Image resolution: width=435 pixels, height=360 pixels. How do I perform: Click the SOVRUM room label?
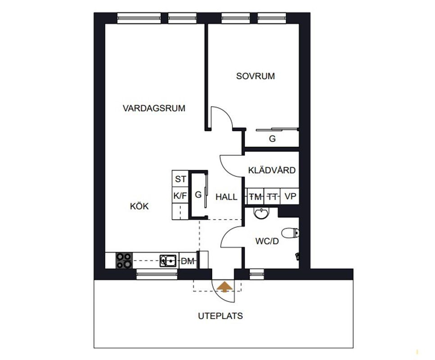pos(255,76)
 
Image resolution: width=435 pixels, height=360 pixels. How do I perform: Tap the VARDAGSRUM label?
pos(154,108)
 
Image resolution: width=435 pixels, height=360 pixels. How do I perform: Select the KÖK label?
pos(139,206)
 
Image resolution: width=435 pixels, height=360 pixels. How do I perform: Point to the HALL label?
pos(227,197)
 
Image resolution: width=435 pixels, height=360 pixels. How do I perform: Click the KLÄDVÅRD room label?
pos(272,170)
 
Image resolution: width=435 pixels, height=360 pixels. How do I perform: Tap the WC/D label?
pos(267,241)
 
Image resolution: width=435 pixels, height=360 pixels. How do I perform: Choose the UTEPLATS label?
pos(220,316)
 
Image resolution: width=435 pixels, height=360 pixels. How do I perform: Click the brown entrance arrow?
pos(224,287)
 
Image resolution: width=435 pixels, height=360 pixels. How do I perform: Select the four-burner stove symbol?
pos(124,261)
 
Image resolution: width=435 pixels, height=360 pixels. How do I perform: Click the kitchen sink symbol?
pos(168,261)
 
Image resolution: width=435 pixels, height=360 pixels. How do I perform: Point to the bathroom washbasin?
pos(261,213)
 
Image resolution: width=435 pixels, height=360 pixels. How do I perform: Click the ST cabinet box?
pos(180,179)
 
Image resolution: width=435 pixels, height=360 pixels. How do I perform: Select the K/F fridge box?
pos(180,195)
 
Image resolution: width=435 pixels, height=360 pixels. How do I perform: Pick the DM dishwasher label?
pos(187,261)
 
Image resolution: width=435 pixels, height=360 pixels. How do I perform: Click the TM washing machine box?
pos(255,197)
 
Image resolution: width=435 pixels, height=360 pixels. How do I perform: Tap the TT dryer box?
pos(272,197)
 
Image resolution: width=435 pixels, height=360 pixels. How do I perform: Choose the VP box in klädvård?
pos(290,197)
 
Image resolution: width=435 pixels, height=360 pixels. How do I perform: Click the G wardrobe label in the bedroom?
pos(272,139)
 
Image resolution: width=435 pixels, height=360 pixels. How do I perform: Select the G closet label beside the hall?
pos(198,195)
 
